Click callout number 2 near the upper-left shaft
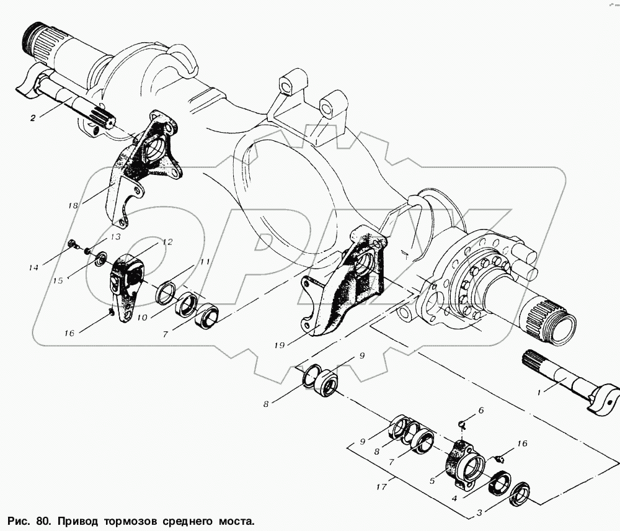pos(33,117)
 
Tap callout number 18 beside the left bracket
pos(73,205)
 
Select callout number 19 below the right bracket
pos(280,346)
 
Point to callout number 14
pos(33,268)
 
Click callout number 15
pos(58,280)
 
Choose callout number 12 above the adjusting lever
pos(167,242)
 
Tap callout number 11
pos(205,262)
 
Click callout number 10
pos(142,318)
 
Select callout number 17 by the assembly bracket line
pos(381,487)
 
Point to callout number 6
pos(481,410)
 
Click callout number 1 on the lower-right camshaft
pos(538,393)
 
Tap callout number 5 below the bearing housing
pos(432,481)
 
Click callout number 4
pos(454,498)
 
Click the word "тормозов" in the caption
pos(129,520)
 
